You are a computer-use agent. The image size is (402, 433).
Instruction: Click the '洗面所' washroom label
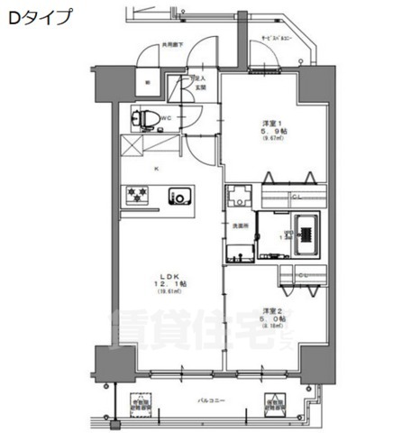240,225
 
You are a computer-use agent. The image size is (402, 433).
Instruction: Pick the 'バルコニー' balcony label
211,400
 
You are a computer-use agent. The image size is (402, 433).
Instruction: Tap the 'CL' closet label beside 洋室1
295,197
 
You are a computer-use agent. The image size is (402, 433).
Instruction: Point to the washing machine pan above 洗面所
239,197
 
